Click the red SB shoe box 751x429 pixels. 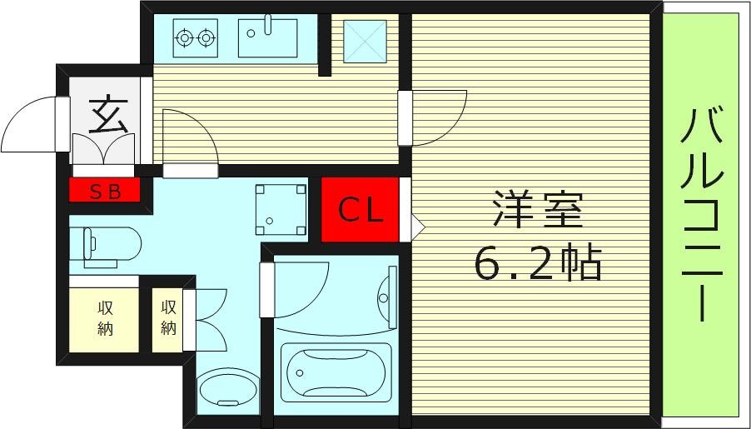105,192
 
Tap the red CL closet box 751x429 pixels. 360,210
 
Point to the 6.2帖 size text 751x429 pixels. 538,264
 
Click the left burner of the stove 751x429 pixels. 184,37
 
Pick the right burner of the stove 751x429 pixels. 205,37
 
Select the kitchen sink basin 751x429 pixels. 268,38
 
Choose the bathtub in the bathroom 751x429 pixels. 336,373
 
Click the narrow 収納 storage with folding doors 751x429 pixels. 169,318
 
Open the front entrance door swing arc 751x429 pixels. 32,125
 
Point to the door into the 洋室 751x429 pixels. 433,117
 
